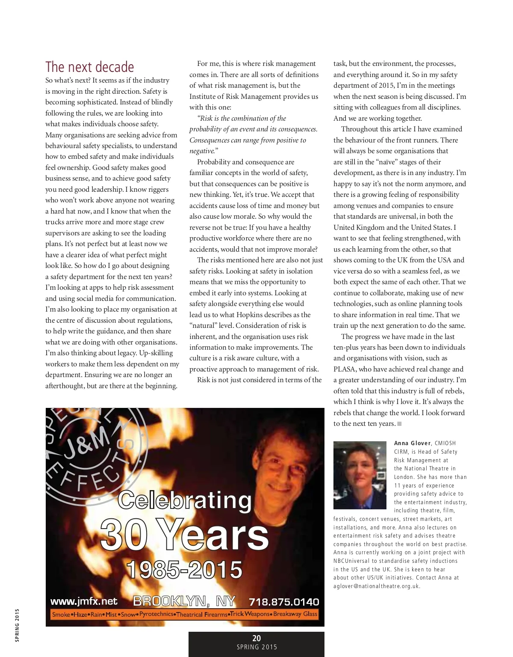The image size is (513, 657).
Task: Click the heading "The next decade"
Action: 90,67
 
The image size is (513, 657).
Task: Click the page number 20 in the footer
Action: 256,638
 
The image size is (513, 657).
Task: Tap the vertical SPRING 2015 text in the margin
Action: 17,625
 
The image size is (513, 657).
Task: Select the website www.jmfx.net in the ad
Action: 84,601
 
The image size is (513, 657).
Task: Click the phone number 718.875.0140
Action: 284,602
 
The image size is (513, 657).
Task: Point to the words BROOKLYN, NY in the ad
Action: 184,601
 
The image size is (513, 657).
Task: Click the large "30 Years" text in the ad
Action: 184,535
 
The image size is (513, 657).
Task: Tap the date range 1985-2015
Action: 184,570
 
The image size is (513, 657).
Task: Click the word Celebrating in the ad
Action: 185,500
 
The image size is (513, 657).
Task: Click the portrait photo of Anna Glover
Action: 360,475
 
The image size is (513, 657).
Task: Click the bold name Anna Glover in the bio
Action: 412,443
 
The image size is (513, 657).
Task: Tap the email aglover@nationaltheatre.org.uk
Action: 377,586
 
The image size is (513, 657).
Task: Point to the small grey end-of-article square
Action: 399,424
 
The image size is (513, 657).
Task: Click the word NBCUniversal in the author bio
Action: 353,561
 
